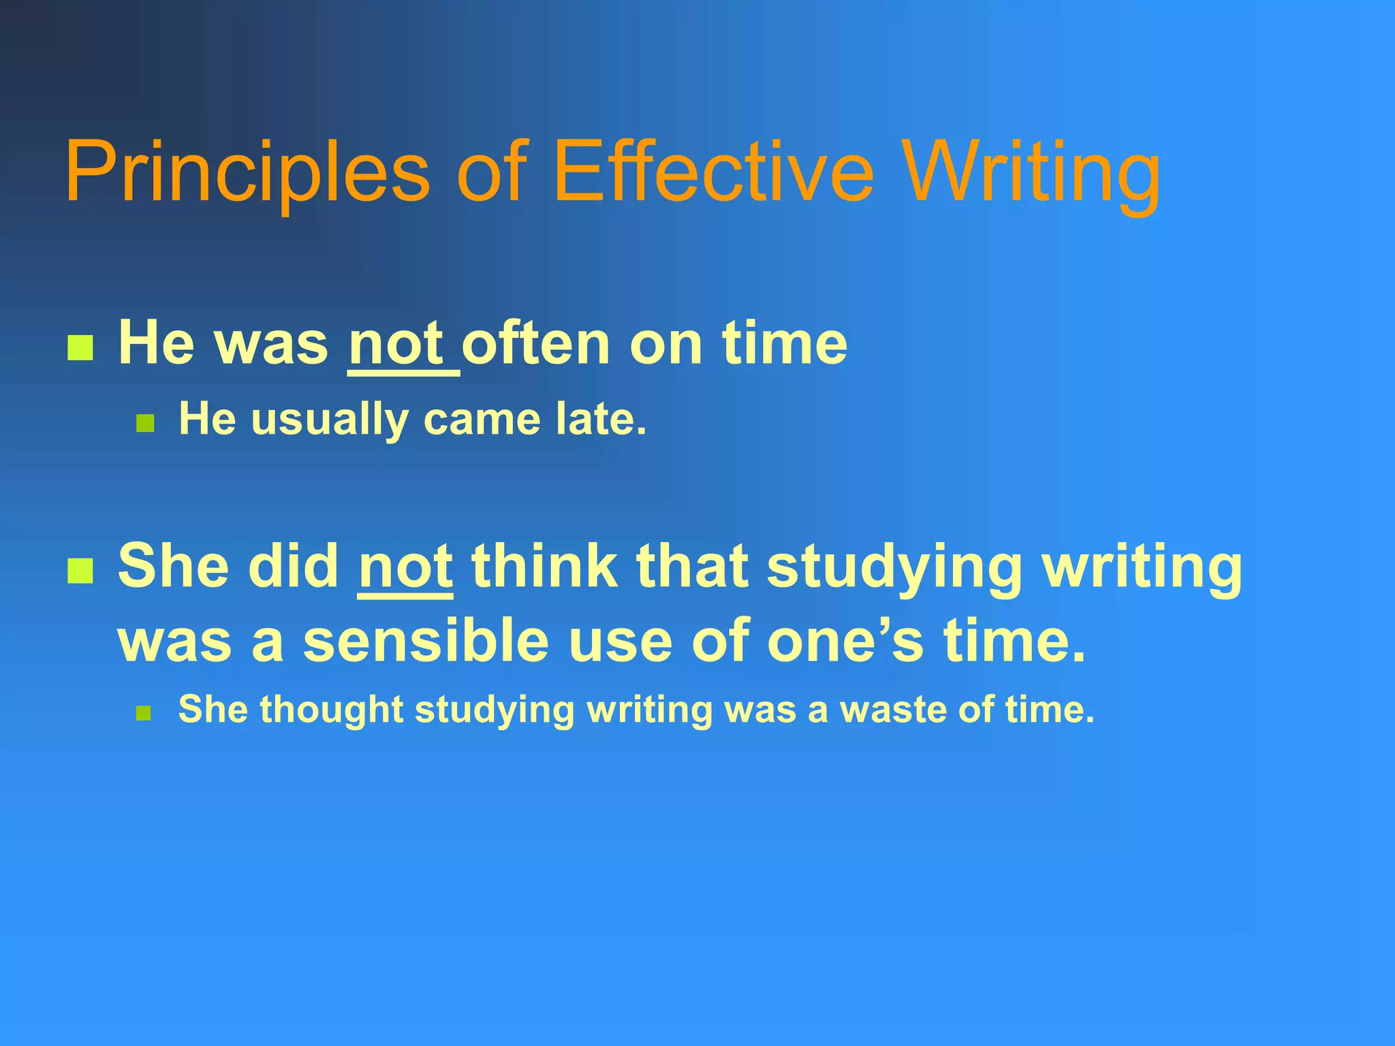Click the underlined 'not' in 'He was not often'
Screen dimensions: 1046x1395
point(396,344)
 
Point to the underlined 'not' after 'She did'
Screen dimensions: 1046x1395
point(405,567)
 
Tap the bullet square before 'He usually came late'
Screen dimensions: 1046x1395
point(145,424)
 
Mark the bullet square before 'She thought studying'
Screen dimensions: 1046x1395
point(143,714)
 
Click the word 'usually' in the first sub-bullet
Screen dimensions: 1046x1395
point(330,419)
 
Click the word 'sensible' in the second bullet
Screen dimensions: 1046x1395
point(426,641)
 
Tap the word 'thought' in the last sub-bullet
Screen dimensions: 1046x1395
point(332,710)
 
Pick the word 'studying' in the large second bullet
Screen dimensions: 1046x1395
point(894,567)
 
